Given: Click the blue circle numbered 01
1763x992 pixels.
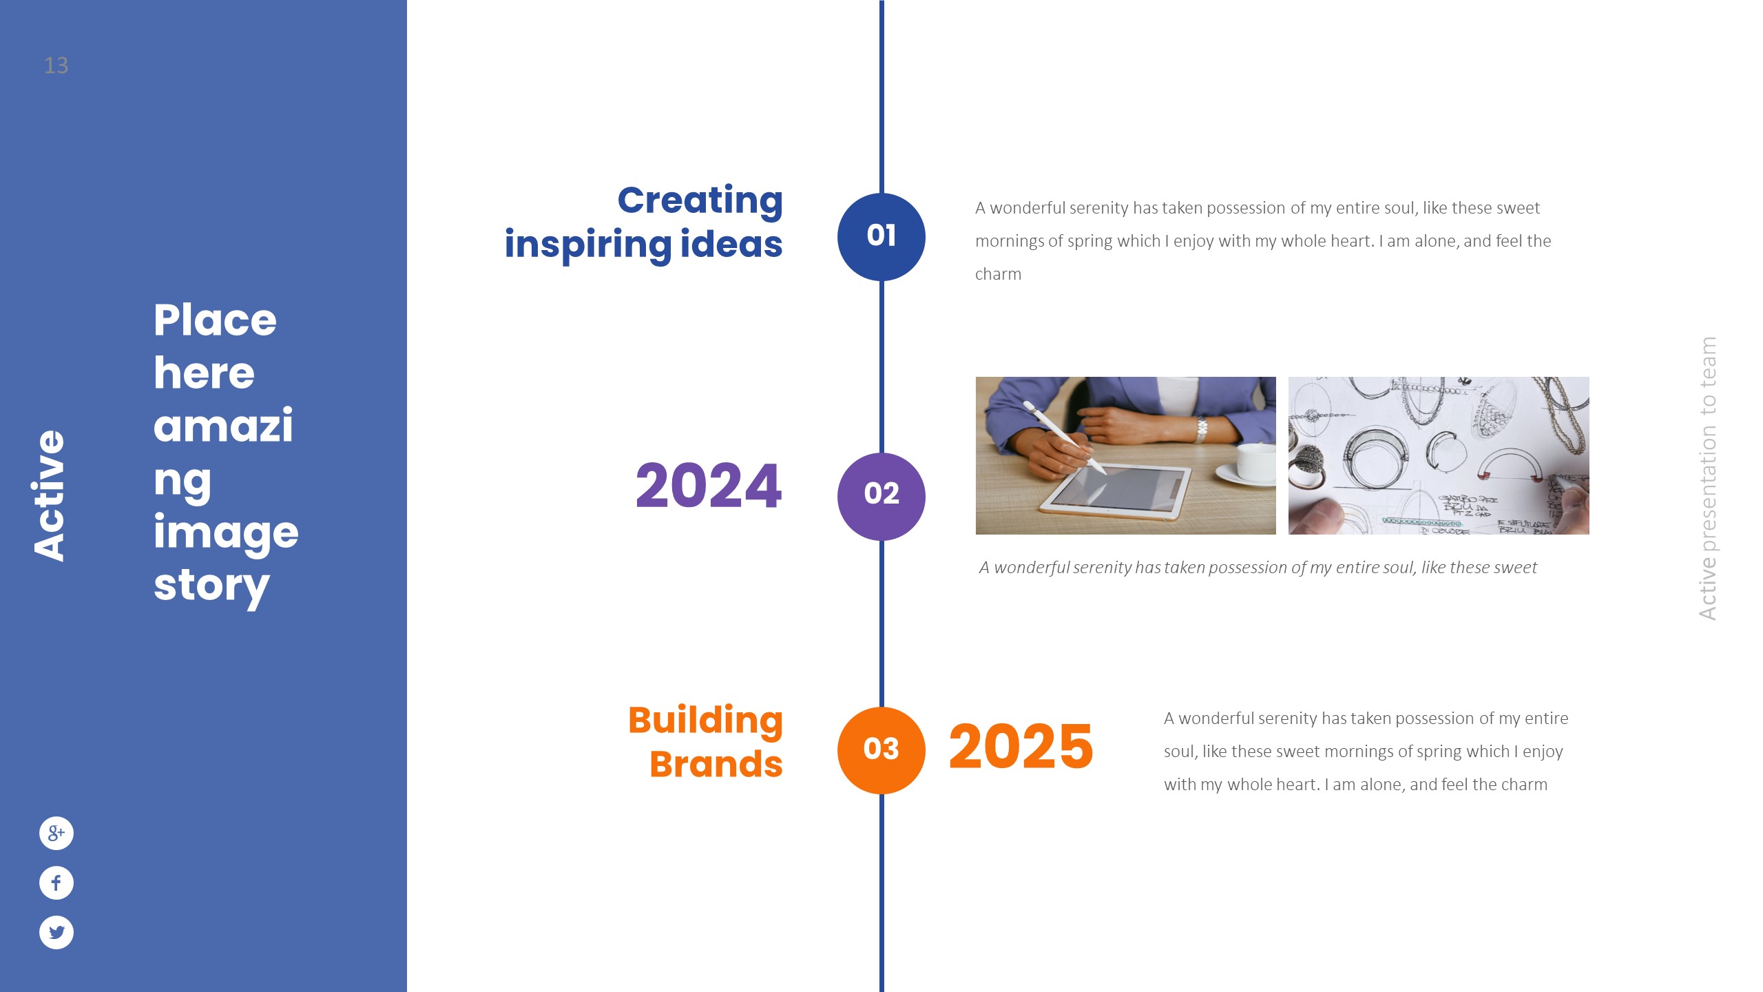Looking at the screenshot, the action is click(881, 237).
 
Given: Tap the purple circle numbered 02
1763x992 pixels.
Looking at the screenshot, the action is click(881, 496).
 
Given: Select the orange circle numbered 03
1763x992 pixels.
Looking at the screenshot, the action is click(881, 750).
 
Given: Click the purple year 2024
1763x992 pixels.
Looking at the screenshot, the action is click(709, 486).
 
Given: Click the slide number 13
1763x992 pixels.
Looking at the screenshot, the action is click(56, 65).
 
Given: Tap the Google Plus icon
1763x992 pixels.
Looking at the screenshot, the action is click(56, 833).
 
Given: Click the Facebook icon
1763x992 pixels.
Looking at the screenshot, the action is click(56, 882).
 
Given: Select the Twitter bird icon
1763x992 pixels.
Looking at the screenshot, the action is click(56, 932).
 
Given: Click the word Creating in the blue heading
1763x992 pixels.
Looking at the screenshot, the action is click(700, 201).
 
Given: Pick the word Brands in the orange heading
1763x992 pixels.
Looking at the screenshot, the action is click(716, 764).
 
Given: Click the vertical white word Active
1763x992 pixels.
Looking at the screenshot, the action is click(49, 495).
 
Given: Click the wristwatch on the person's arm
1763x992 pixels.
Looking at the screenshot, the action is click(1202, 428).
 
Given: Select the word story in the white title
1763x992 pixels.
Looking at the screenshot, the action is click(211, 586).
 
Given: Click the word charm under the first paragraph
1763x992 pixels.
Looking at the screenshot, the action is click(998, 274).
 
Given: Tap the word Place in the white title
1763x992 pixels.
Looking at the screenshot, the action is click(215, 320).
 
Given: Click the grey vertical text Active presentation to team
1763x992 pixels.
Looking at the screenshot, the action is click(1707, 478).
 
